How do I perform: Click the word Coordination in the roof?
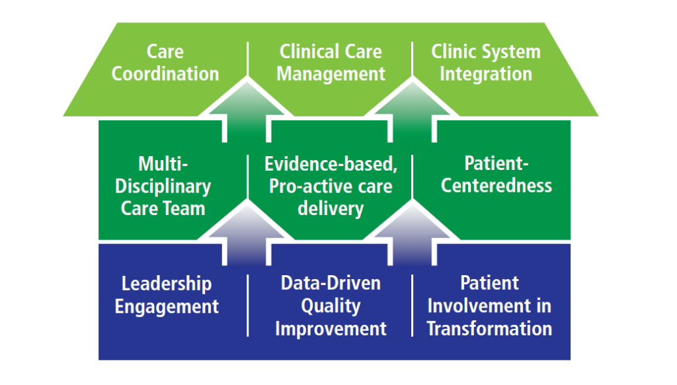point(165,74)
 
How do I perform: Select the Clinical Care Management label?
point(331,63)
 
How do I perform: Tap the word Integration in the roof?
point(486,74)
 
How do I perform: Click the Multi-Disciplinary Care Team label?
point(163,187)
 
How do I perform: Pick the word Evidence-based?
point(331,164)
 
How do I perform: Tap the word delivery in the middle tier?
point(331,208)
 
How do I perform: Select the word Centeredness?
point(496,186)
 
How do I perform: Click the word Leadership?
point(167,284)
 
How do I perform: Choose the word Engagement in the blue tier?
point(167,307)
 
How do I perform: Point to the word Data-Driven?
point(331,283)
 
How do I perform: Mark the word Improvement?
point(331,329)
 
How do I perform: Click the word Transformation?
point(489,329)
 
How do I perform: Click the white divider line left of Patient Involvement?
point(413,306)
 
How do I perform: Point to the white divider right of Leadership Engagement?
point(247,306)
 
